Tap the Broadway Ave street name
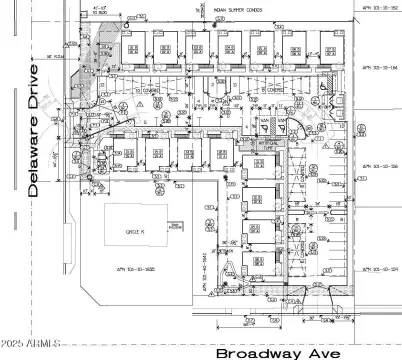click(280, 352)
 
